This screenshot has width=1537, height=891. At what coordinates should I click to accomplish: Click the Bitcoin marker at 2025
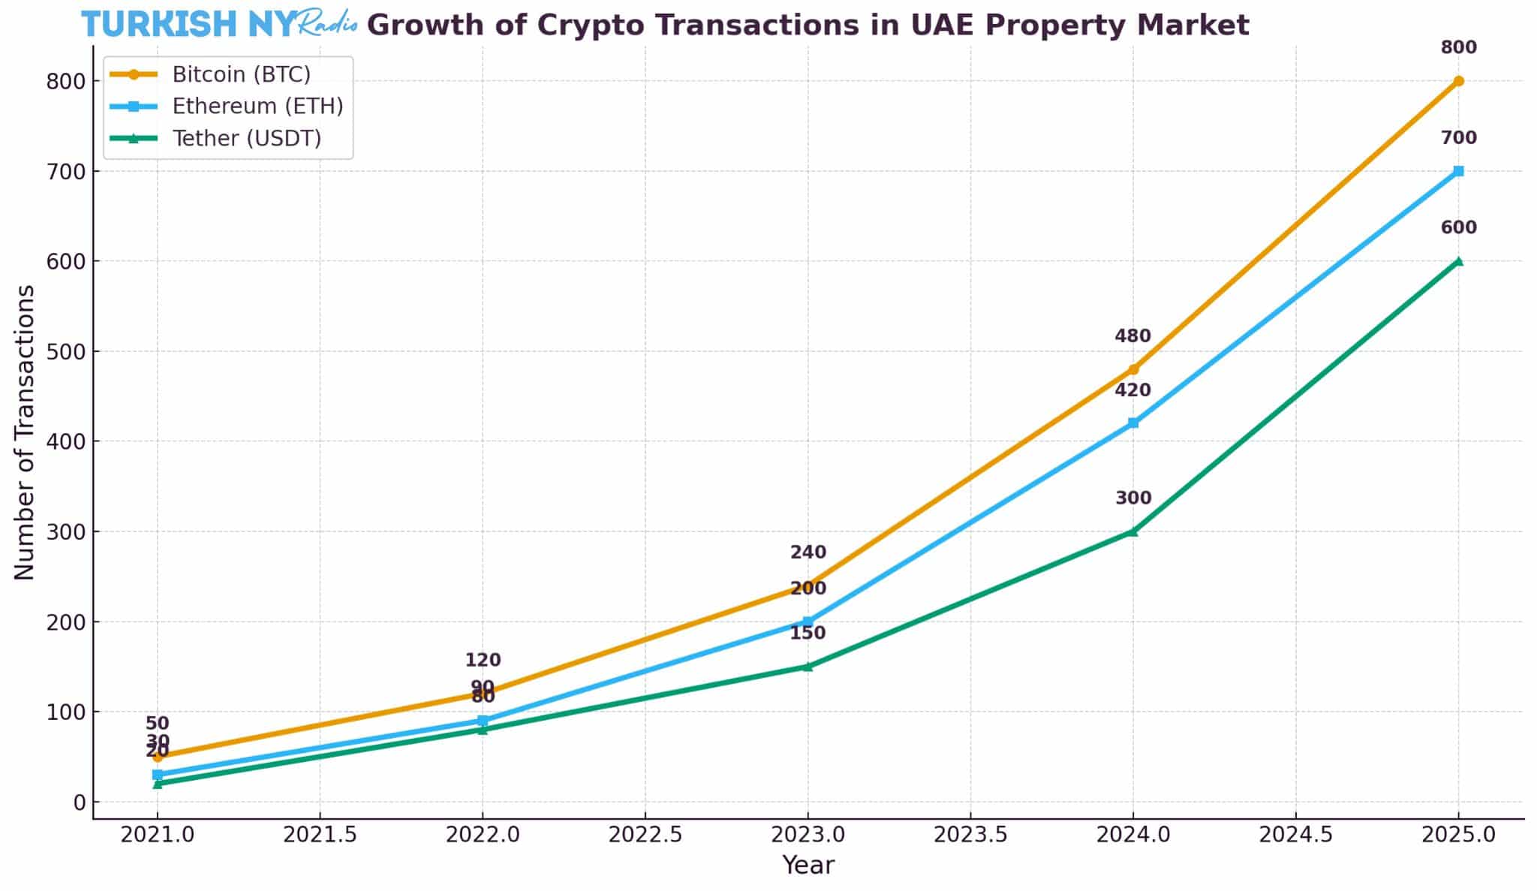(1458, 81)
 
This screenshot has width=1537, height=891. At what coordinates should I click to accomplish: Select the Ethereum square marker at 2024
(1133, 423)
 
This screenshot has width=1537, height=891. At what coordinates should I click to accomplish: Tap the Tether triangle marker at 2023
(808, 667)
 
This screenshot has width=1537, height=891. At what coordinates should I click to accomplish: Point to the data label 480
(1132, 336)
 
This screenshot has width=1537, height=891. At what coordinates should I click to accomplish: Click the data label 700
(1458, 138)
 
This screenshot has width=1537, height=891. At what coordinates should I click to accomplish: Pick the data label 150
(808, 633)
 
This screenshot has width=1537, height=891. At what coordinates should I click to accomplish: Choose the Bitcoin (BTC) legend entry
(241, 74)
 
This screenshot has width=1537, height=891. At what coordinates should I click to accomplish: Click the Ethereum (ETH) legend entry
(257, 106)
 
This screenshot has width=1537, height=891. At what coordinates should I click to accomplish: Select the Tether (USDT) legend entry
(247, 138)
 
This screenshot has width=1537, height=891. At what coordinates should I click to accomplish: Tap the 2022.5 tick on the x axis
(645, 835)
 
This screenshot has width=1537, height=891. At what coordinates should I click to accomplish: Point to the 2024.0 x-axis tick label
(1133, 835)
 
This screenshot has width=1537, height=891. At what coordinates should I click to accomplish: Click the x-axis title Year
(808, 865)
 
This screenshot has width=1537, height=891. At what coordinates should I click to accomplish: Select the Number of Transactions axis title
(25, 432)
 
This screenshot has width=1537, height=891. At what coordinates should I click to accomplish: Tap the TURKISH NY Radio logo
(218, 25)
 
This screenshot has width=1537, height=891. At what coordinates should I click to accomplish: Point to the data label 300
(1133, 498)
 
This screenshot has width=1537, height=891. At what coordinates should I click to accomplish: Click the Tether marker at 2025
(1458, 261)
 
